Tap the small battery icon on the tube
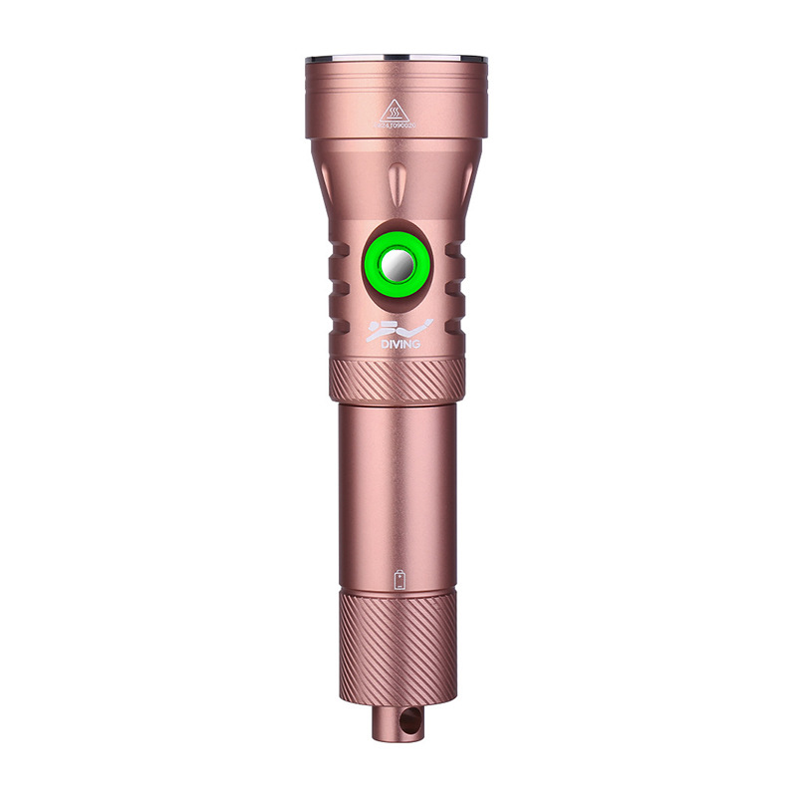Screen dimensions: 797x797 (x=399, y=580)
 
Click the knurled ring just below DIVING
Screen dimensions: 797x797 (x=398, y=380)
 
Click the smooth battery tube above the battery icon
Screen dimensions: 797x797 (x=398, y=478)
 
